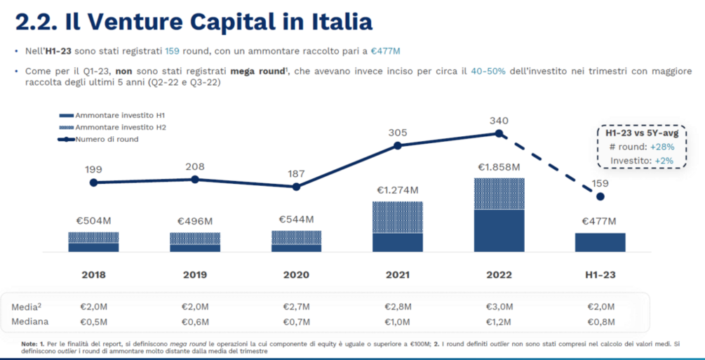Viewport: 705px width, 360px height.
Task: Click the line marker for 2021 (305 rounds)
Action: pyautogui.click(x=398, y=145)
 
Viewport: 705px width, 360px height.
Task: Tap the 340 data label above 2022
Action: pyautogui.click(x=499, y=121)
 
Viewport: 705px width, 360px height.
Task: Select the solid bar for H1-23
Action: pyautogui.click(x=600, y=242)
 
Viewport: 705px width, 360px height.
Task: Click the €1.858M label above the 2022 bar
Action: pyautogui.click(x=499, y=168)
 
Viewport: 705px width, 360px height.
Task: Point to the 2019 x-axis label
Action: pyautogui.click(x=195, y=274)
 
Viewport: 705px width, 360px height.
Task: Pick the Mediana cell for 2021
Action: pyautogui.click(x=398, y=322)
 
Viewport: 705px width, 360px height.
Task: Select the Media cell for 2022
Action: pyautogui.click(x=499, y=307)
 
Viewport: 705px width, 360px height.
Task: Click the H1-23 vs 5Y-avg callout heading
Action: pyautogui.click(x=632, y=133)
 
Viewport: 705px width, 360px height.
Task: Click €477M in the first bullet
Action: pyautogui.click(x=385, y=51)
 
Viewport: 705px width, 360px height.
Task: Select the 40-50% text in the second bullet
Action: pyautogui.click(x=488, y=71)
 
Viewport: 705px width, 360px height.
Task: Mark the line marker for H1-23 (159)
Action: pyautogui.click(x=600, y=196)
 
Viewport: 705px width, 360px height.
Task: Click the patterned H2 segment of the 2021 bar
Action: pyautogui.click(x=398, y=217)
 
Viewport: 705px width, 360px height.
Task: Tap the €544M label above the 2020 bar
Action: pyautogui.click(x=296, y=220)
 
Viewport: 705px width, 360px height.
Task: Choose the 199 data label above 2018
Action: pyautogui.click(x=94, y=169)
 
